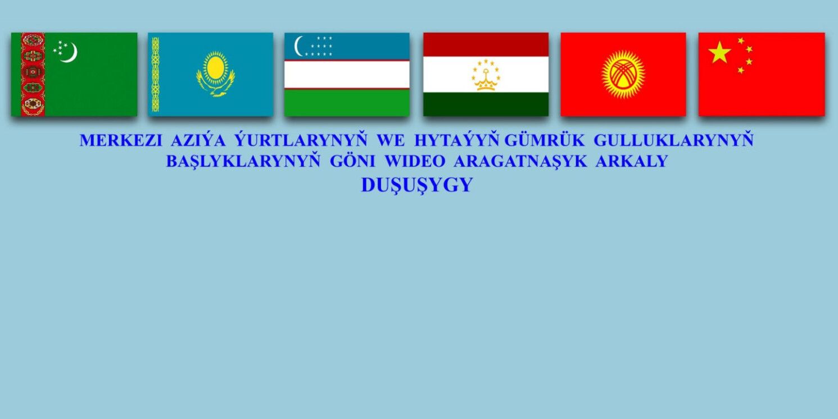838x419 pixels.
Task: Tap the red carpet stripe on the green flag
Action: [33, 74]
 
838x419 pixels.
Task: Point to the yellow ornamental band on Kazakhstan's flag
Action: [155, 74]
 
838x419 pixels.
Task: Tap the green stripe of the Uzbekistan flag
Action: [347, 102]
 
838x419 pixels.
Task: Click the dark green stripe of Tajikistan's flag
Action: [486, 105]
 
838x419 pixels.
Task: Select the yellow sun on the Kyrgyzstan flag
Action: [623, 74]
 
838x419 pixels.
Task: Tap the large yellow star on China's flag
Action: [719, 53]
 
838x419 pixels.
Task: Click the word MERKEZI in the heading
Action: [121, 141]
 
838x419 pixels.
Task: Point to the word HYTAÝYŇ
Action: [456, 140]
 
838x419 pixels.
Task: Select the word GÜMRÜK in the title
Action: [544, 140]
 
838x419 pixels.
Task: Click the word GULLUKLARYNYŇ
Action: [673, 140]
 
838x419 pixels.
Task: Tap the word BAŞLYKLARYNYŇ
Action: [243, 161]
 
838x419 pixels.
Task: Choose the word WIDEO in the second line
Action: [415, 161]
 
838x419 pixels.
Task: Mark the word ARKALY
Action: [632, 161]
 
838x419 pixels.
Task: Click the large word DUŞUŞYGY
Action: [417, 186]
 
